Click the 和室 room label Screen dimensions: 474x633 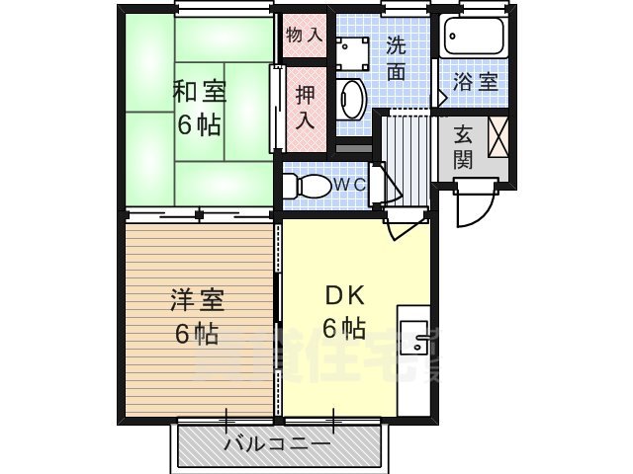pos(200,94)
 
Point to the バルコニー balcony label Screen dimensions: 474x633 pos(277,443)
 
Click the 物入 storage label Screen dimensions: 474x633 pos(304,35)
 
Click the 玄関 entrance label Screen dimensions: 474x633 pos(464,146)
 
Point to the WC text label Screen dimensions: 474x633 pos(347,185)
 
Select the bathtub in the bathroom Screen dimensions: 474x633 pos(474,39)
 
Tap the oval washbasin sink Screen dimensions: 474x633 pos(351,100)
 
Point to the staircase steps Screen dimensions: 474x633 pos(405,148)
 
